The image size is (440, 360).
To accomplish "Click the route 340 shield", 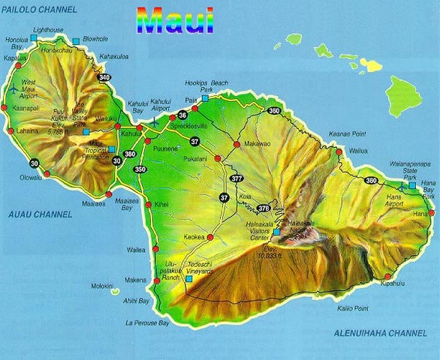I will [104, 77].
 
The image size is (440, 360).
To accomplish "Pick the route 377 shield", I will [237, 178].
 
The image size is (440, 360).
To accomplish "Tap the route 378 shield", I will [263, 208].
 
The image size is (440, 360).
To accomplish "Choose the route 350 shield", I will [140, 169].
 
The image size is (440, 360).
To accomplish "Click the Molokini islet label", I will [101, 286].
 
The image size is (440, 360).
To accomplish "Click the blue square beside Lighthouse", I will [34, 36].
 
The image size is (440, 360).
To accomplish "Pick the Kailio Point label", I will [352, 308].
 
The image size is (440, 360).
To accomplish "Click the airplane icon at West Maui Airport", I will [13, 88].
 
